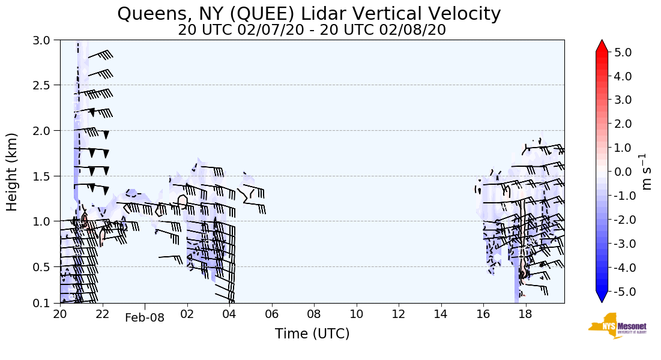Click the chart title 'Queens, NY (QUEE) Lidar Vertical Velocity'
click(x=309, y=13)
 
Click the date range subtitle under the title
click(x=312, y=30)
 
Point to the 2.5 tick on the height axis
click(x=46, y=85)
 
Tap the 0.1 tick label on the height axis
click(x=46, y=303)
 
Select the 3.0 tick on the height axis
click(x=46, y=40)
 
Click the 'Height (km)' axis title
click(x=13, y=172)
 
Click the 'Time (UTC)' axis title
click(x=312, y=334)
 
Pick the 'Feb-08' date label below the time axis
click(x=145, y=318)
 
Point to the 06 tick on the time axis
click(x=272, y=314)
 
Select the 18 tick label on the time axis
click(x=526, y=314)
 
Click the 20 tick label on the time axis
click(x=60, y=314)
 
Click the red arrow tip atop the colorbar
click(x=602, y=45)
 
